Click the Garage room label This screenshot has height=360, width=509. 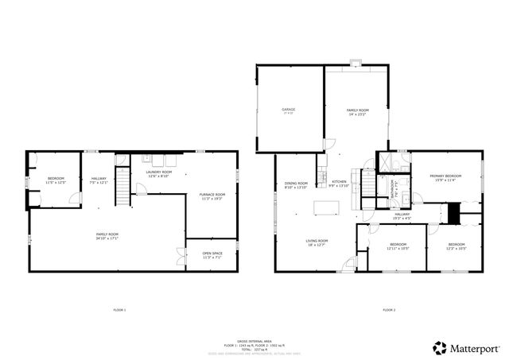pos(288,110)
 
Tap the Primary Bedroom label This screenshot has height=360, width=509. pos(445,177)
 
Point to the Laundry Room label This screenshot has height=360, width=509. pos(158,174)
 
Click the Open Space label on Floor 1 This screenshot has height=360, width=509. pos(212,255)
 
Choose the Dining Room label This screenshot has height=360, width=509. pos(296,185)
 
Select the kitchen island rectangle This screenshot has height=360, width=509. pos(326,208)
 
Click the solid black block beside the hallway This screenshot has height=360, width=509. pos(454,213)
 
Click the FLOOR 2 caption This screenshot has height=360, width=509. pos(389,309)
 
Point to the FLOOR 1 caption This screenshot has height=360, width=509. pos(119,309)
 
